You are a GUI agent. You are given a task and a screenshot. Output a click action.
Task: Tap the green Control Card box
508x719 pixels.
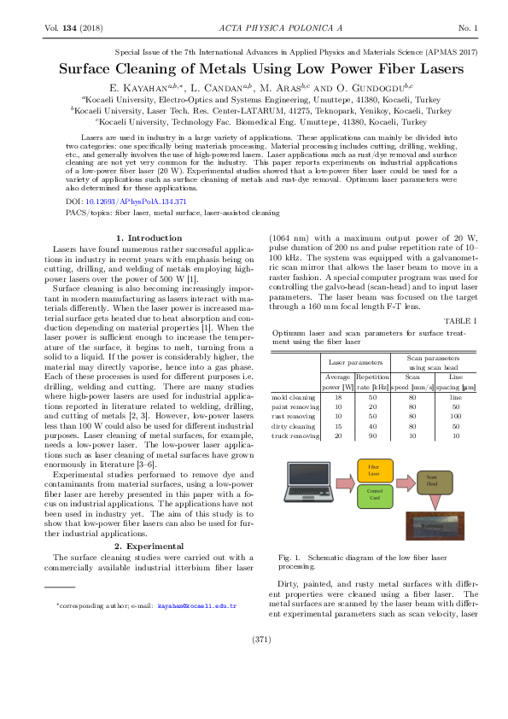coord(373,493)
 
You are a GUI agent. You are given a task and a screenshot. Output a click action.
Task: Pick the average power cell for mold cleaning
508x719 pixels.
coord(338,398)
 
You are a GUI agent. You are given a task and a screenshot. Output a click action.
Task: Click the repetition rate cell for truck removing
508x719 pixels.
coord(372,435)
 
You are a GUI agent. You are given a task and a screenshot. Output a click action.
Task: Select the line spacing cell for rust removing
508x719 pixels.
coord(455,417)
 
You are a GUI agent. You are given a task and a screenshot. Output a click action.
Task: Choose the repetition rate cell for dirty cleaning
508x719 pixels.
coord(372,426)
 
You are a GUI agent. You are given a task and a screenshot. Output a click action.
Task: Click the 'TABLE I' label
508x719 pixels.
coord(458,319)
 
